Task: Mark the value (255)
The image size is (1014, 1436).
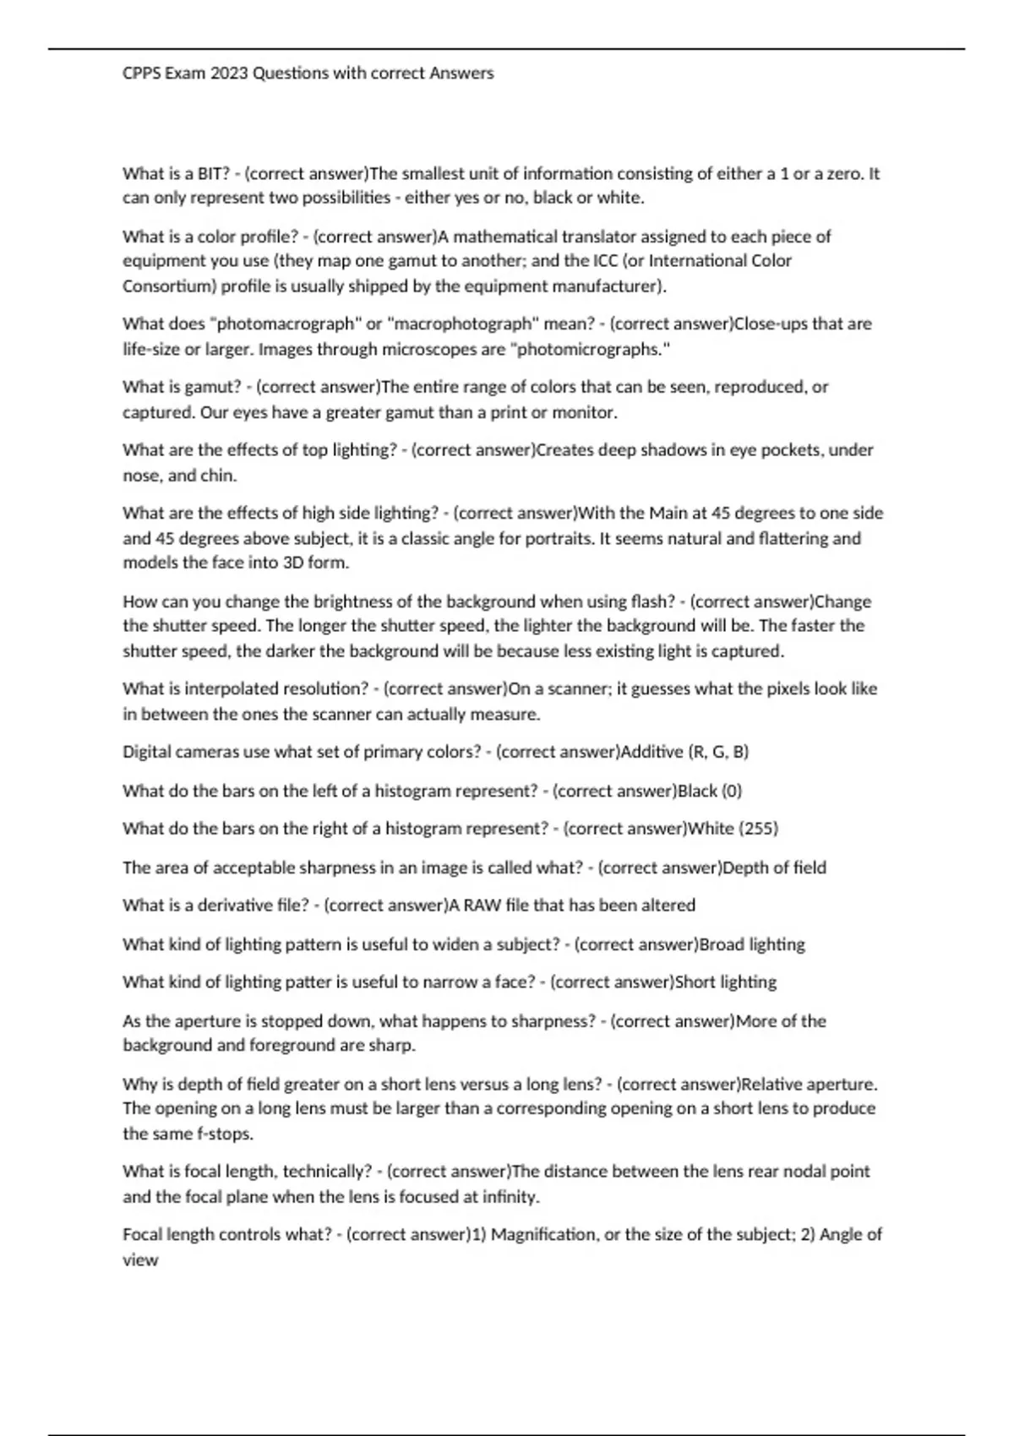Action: click(x=758, y=829)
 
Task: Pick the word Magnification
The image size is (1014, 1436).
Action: click(x=543, y=1235)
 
